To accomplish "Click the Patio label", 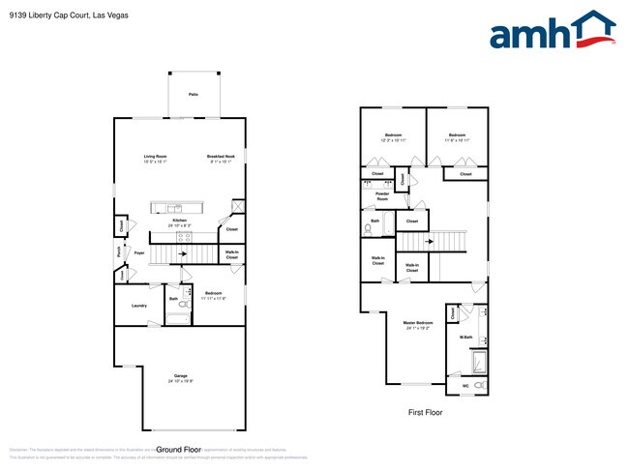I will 193,94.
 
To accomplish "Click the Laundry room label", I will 138,306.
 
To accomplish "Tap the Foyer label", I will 139,253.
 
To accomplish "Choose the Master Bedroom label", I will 417,323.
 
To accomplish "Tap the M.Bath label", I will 465,337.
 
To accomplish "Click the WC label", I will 465,386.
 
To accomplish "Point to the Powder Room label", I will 381,195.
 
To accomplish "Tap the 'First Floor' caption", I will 423,412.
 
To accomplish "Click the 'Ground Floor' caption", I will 180,450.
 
